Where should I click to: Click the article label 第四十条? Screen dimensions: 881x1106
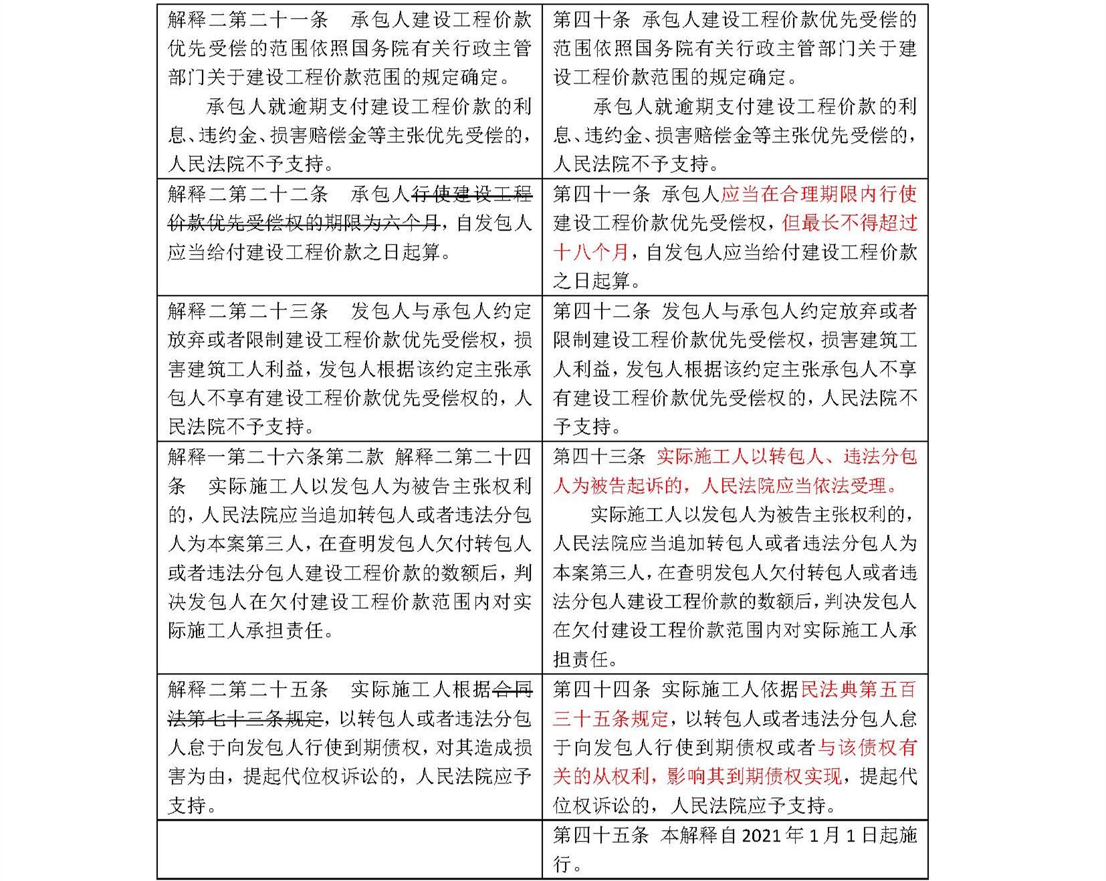coord(591,20)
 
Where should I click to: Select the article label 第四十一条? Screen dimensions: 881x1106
coord(601,195)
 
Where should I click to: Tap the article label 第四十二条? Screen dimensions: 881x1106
coord(601,311)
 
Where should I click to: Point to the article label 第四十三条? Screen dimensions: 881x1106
coord(599,457)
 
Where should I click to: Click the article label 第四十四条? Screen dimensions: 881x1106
coord(601,690)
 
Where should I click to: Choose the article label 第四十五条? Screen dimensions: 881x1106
coord(601,836)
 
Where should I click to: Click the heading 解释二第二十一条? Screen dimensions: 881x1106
coord(247,20)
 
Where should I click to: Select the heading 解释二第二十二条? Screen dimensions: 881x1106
coord(247,195)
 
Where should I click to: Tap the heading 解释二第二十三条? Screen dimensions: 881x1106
coord(247,311)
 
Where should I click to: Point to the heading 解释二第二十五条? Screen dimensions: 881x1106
coord(247,690)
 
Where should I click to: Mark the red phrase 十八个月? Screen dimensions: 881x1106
coord(591,253)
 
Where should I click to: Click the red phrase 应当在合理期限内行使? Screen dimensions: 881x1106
coord(818,195)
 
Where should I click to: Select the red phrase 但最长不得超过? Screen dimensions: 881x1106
coord(849,224)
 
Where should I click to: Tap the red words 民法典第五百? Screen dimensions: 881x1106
coord(859,690)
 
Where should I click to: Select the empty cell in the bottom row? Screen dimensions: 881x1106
coord(349,849)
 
